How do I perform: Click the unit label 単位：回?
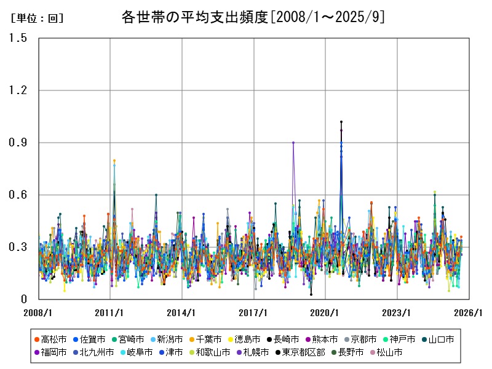(38, 18)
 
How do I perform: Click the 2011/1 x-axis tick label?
(111, 312)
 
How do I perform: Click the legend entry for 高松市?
(50, 339)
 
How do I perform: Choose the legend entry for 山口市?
(437, 339)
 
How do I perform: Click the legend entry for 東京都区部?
(295, 352)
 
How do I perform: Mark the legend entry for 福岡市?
(50, 352)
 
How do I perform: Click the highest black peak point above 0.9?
(341, 122)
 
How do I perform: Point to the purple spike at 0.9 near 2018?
(293, 143)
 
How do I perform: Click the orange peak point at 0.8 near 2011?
(114, 161)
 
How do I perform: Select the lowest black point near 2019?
(311, 295)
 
